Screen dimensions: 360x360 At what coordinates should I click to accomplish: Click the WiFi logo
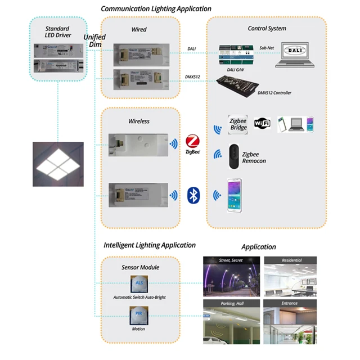tap(263, 124)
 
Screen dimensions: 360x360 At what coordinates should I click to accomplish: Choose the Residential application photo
tap(290, 276)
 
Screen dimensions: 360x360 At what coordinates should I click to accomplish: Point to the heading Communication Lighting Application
tap(156, 9)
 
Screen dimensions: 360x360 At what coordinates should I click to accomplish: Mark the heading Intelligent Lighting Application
tap(150, 245)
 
